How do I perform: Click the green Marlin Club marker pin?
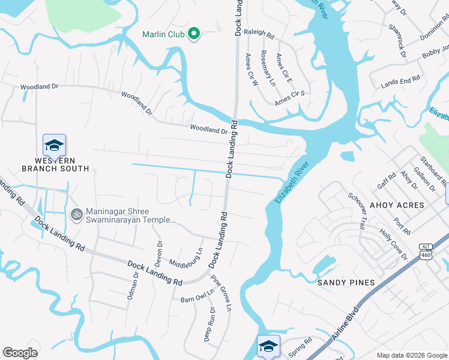(194, 34)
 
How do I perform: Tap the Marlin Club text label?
(163, 34)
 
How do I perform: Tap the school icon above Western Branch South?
(54, 146)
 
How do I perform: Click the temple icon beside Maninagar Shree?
(76, 214)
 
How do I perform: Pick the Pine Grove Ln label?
(221, 293)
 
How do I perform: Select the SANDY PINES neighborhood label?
(346, 283)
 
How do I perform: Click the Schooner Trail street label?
(357, 211)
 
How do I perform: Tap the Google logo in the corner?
(20, 353)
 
